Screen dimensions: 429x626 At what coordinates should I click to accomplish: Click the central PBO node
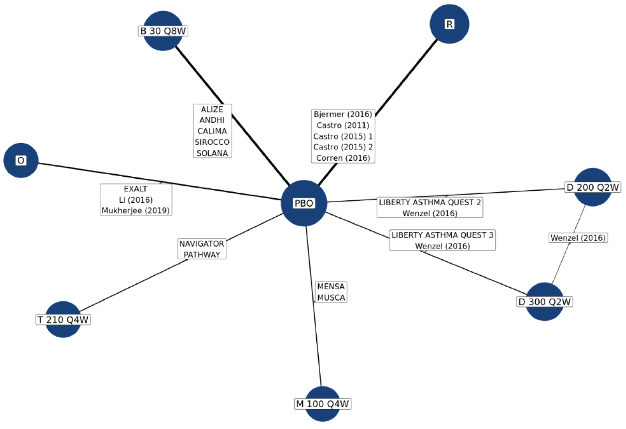304,203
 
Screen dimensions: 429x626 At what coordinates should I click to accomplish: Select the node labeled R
449,24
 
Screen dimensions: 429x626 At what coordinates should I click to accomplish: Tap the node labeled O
21,160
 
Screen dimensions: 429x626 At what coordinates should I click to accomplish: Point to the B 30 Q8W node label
163,31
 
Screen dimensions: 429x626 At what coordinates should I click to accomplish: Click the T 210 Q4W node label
63,319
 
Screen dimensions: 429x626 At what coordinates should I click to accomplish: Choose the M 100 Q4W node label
322,404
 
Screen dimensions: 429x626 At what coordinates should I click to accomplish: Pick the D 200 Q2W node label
592,187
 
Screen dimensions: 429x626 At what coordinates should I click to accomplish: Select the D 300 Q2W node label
544,302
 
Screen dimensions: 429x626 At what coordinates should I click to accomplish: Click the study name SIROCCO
212,142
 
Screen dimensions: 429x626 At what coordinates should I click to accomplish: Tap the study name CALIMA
212,131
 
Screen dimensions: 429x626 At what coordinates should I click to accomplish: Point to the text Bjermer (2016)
343,114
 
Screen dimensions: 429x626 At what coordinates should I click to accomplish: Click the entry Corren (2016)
343,158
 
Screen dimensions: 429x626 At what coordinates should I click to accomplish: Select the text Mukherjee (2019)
135,211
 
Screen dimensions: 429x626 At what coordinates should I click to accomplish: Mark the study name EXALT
135,189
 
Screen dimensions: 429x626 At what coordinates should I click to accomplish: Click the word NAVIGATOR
202,244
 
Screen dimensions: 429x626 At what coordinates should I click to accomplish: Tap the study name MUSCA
331,297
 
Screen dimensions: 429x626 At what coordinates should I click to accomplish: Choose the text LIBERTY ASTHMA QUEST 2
430,202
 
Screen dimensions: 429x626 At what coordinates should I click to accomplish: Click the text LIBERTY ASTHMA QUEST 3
442,235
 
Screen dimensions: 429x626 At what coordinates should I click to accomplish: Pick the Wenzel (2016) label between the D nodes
578,238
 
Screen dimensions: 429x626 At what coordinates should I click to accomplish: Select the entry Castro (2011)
343,125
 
